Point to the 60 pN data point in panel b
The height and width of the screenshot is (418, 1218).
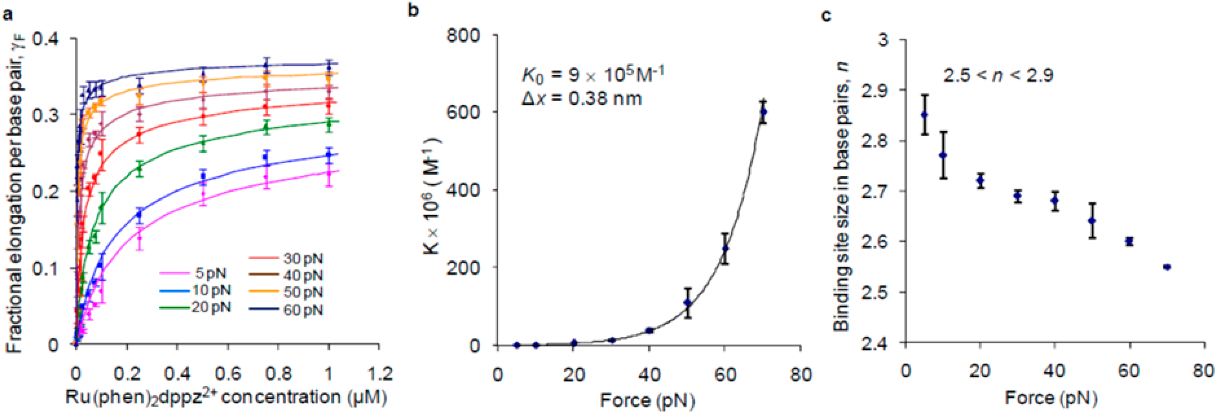(x=725, y=249)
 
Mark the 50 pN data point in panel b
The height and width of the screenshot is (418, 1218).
(x=687, y=303)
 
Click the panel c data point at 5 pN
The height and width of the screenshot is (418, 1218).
(x=924, y=115)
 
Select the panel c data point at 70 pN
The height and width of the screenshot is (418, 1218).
(x=1167, y=267)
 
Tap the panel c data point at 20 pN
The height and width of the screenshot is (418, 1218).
(x=980, y=180)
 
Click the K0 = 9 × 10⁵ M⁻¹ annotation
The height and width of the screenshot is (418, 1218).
(x=593, y=74)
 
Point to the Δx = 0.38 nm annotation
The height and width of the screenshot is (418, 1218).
(x=581, y=98)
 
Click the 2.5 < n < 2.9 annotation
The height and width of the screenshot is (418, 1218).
(x=998, y=75)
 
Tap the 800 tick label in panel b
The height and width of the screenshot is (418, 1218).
(x=463, y=35)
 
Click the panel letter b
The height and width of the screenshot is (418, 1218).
(x=413, y=11)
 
